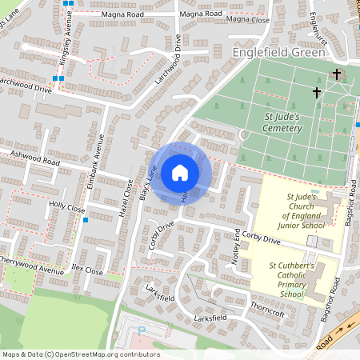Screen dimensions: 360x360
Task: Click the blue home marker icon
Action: click(x=179, y=171)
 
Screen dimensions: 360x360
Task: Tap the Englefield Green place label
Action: click(x=278, y=52)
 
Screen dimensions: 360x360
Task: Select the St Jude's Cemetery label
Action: click(x=282, y=122)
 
